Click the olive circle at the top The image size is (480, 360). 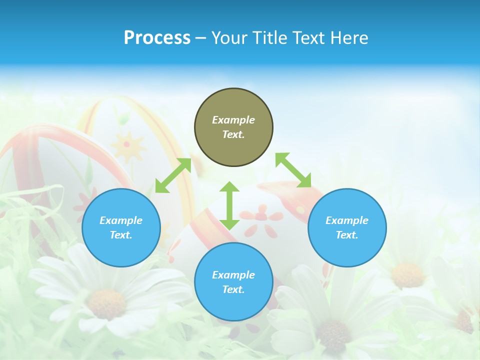tap(233, 127)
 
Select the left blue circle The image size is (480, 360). tap(121, 227)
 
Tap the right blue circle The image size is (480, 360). tap(347, 227)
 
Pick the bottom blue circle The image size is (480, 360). tap(233, 282)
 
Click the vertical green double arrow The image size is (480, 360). tap(229, 205)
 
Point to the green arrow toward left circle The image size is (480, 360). tap(173, 175)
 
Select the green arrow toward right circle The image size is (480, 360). tap(293, 170)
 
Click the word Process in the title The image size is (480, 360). tap(157, 37)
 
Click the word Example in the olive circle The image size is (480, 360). tap(233, 120)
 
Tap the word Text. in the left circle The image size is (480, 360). tap(121, 235)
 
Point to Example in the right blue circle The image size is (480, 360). tap(347, 220)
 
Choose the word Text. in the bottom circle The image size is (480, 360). tap(233, 289)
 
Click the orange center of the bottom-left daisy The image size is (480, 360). tap(107, 303)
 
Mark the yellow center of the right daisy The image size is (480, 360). tap(408, 274)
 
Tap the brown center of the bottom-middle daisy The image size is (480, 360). tap(333, 334)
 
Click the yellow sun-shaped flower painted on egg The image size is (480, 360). tap(126, 145)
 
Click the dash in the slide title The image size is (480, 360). tap(200, 38)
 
